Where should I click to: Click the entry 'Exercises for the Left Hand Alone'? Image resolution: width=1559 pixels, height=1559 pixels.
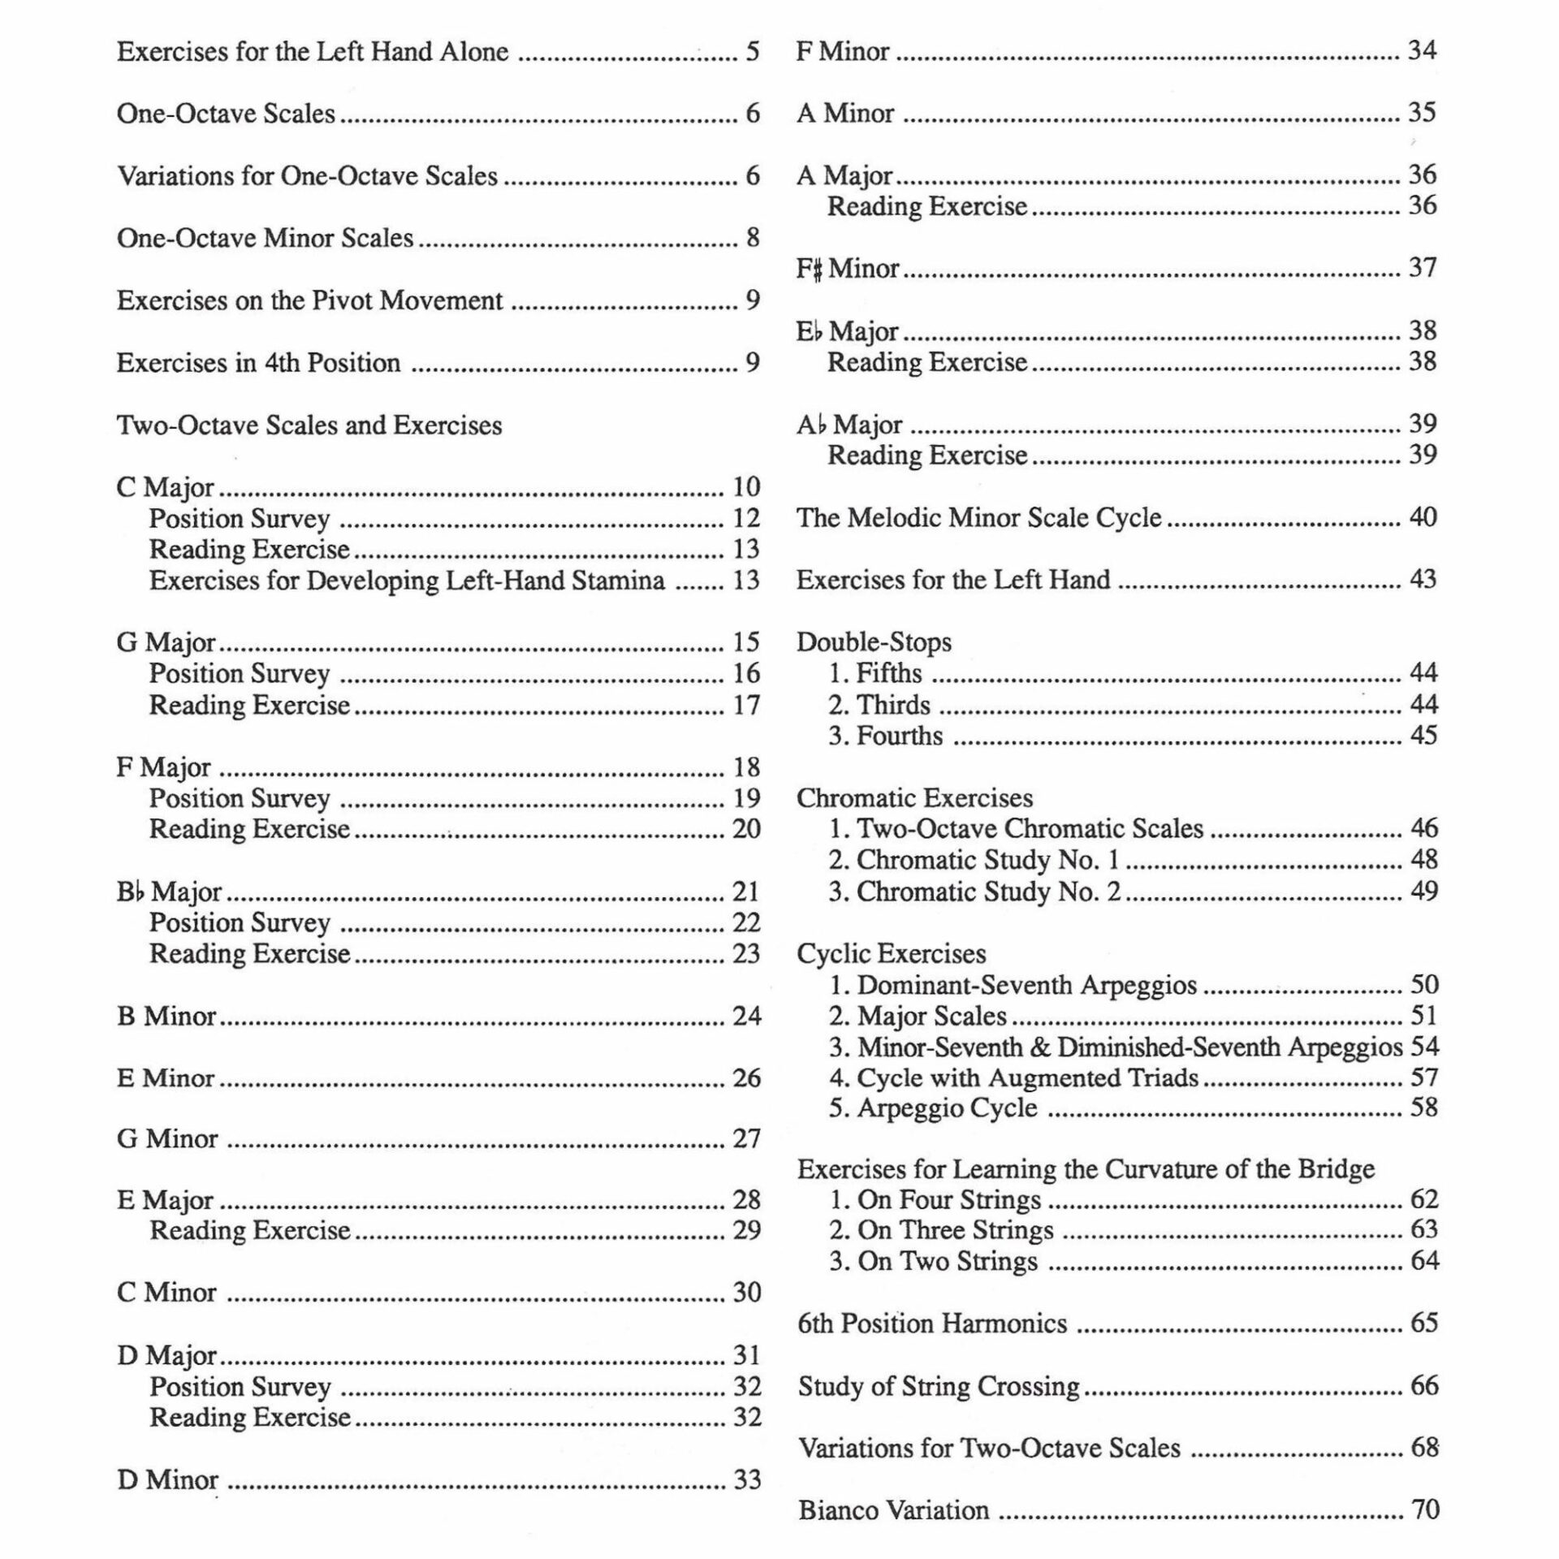(x=313, y=52)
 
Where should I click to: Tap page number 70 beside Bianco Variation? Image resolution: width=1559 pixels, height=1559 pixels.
(x=1425, y=1509)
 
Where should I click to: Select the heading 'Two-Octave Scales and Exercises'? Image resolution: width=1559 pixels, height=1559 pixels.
(x=309, y=425)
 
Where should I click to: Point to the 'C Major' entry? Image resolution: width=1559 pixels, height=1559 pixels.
(x=166, y=487)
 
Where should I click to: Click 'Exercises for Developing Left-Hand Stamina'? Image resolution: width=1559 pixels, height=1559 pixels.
(x=407, y=581)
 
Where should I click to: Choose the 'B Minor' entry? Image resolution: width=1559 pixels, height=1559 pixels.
(x=166, y=1016)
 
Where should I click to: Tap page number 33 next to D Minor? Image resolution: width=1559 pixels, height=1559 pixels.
(x=747, y=1479)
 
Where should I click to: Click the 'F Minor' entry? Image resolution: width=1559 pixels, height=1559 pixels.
(x=843, y=51)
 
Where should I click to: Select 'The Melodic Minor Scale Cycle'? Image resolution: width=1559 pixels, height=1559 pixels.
(x=978, y=517)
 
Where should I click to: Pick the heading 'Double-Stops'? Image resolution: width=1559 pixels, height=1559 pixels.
(x=874, y=642)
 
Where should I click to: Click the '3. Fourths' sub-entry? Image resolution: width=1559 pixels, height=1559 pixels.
(x=885, y=736)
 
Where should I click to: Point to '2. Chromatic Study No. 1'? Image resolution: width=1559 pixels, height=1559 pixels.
(x=974, y=859)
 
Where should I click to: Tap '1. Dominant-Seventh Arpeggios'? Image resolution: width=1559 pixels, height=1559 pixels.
(x=1013, y=985)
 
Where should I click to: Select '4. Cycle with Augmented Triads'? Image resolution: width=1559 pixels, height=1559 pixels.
(x=1013, y=1077)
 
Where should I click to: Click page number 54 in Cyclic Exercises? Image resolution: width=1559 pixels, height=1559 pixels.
(x=1424, y=1047)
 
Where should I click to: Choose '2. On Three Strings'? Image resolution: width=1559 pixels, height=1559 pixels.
(x=941, y=1230)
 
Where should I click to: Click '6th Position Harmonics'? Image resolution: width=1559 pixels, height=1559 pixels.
(x=932, y=1324)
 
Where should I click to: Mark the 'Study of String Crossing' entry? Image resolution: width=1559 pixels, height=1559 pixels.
(x=939, y=1386)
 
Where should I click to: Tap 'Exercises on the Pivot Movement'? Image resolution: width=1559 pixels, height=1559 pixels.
(x=309, y=300)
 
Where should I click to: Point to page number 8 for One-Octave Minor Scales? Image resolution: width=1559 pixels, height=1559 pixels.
(x=753, y=238)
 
